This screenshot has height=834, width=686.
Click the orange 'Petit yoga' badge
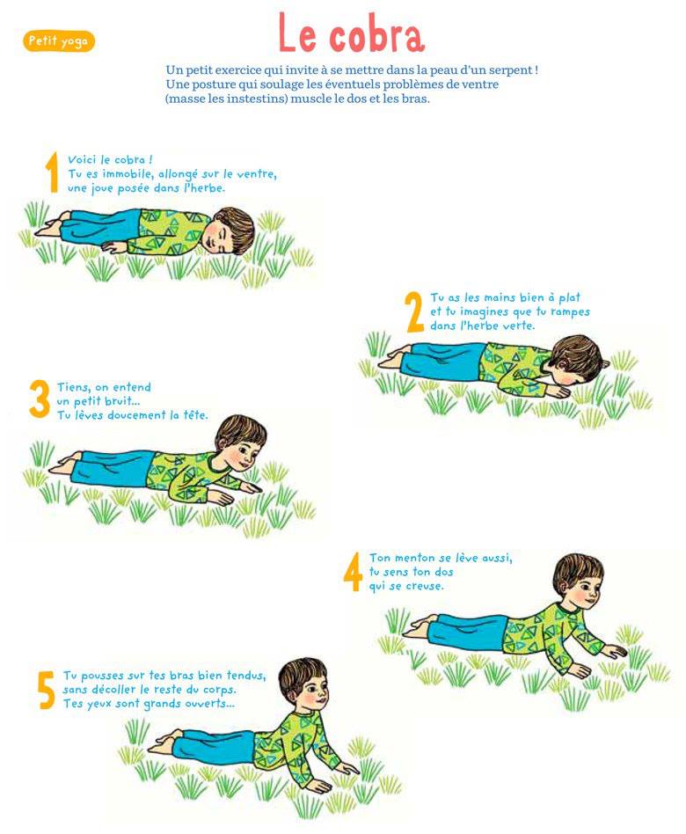tap(59, 41)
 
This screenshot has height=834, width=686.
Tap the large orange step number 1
tap(52, 172)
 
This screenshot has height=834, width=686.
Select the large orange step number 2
tap(415, 312)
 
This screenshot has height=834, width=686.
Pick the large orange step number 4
tap(353, 571)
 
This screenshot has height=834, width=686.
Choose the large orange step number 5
tap(47, 690)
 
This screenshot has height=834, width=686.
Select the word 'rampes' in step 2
tap(570, 311)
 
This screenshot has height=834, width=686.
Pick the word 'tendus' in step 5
tap(246, 676)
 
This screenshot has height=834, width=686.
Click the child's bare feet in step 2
tap(393, 357)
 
